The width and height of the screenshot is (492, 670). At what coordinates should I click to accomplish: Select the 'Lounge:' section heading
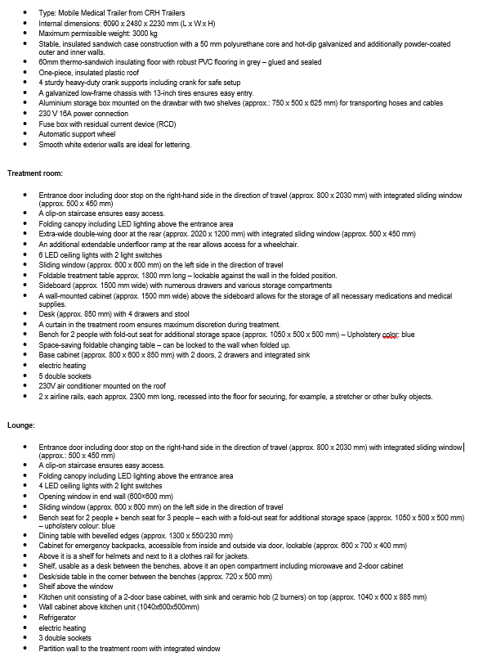click(x=20, y=425)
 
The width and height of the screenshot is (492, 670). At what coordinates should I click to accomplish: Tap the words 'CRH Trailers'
click(x=166, y=14)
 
